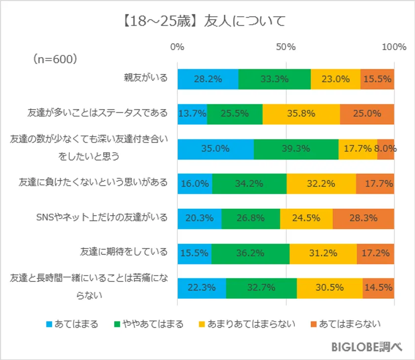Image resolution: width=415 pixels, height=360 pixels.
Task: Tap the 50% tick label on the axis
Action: (286, 47)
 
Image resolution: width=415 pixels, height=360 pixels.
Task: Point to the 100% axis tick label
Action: (394, 47)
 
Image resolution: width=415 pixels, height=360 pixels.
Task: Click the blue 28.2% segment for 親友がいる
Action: (207, 79)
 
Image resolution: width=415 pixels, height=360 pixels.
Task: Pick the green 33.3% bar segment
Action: (274, 79)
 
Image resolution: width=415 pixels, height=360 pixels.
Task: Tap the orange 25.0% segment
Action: (367, 114)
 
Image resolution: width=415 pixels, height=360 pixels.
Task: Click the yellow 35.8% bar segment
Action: (301, 114)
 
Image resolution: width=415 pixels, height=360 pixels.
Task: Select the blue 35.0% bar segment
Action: (215, 149)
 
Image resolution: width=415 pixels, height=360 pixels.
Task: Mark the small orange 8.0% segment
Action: (385, 149)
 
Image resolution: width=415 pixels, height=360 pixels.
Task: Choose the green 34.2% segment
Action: (249, 183)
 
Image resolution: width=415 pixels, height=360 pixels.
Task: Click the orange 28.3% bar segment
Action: (363, 218)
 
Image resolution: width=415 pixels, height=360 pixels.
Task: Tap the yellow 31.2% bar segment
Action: (323, 253)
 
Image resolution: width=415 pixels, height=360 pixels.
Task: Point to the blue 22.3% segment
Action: (202, 288)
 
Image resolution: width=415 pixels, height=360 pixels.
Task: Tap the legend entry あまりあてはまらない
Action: (258, 324)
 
